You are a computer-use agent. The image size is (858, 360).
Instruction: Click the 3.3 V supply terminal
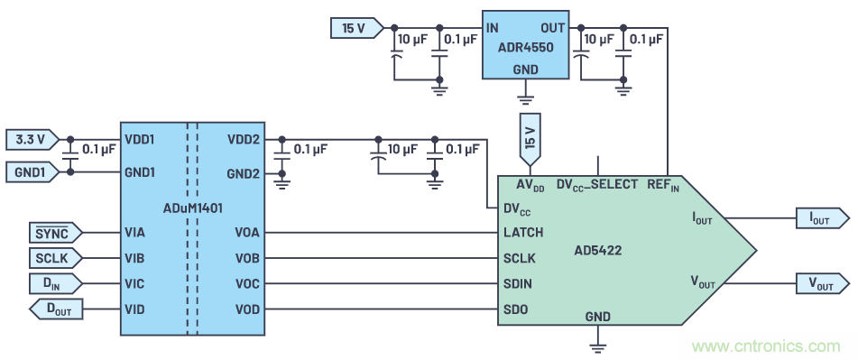(32, 140)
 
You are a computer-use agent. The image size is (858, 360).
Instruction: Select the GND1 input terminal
(32, 172)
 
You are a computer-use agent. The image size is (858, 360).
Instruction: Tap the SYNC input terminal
(55, 233)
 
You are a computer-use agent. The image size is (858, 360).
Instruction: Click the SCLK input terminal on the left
(55, 258)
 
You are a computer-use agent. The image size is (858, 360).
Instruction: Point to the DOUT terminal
(57, 309)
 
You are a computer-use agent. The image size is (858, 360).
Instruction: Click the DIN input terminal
(55, 284)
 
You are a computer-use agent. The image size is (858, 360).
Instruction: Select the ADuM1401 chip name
(192, 208)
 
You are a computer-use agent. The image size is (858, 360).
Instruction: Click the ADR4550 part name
(525, 48)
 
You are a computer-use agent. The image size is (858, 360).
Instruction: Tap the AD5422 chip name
(598, 251)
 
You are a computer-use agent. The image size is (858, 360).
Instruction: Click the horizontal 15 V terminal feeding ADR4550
(356, 28)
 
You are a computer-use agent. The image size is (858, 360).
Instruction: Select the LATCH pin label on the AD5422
(523, 233)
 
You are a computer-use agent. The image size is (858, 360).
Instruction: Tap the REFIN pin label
(662, 185)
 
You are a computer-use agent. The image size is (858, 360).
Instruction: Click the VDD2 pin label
(243, 140)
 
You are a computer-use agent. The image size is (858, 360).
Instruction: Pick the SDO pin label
(515, 309)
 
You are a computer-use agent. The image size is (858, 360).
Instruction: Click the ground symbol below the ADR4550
(526, 98)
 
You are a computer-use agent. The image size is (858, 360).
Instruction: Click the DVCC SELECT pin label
(597, 185)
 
